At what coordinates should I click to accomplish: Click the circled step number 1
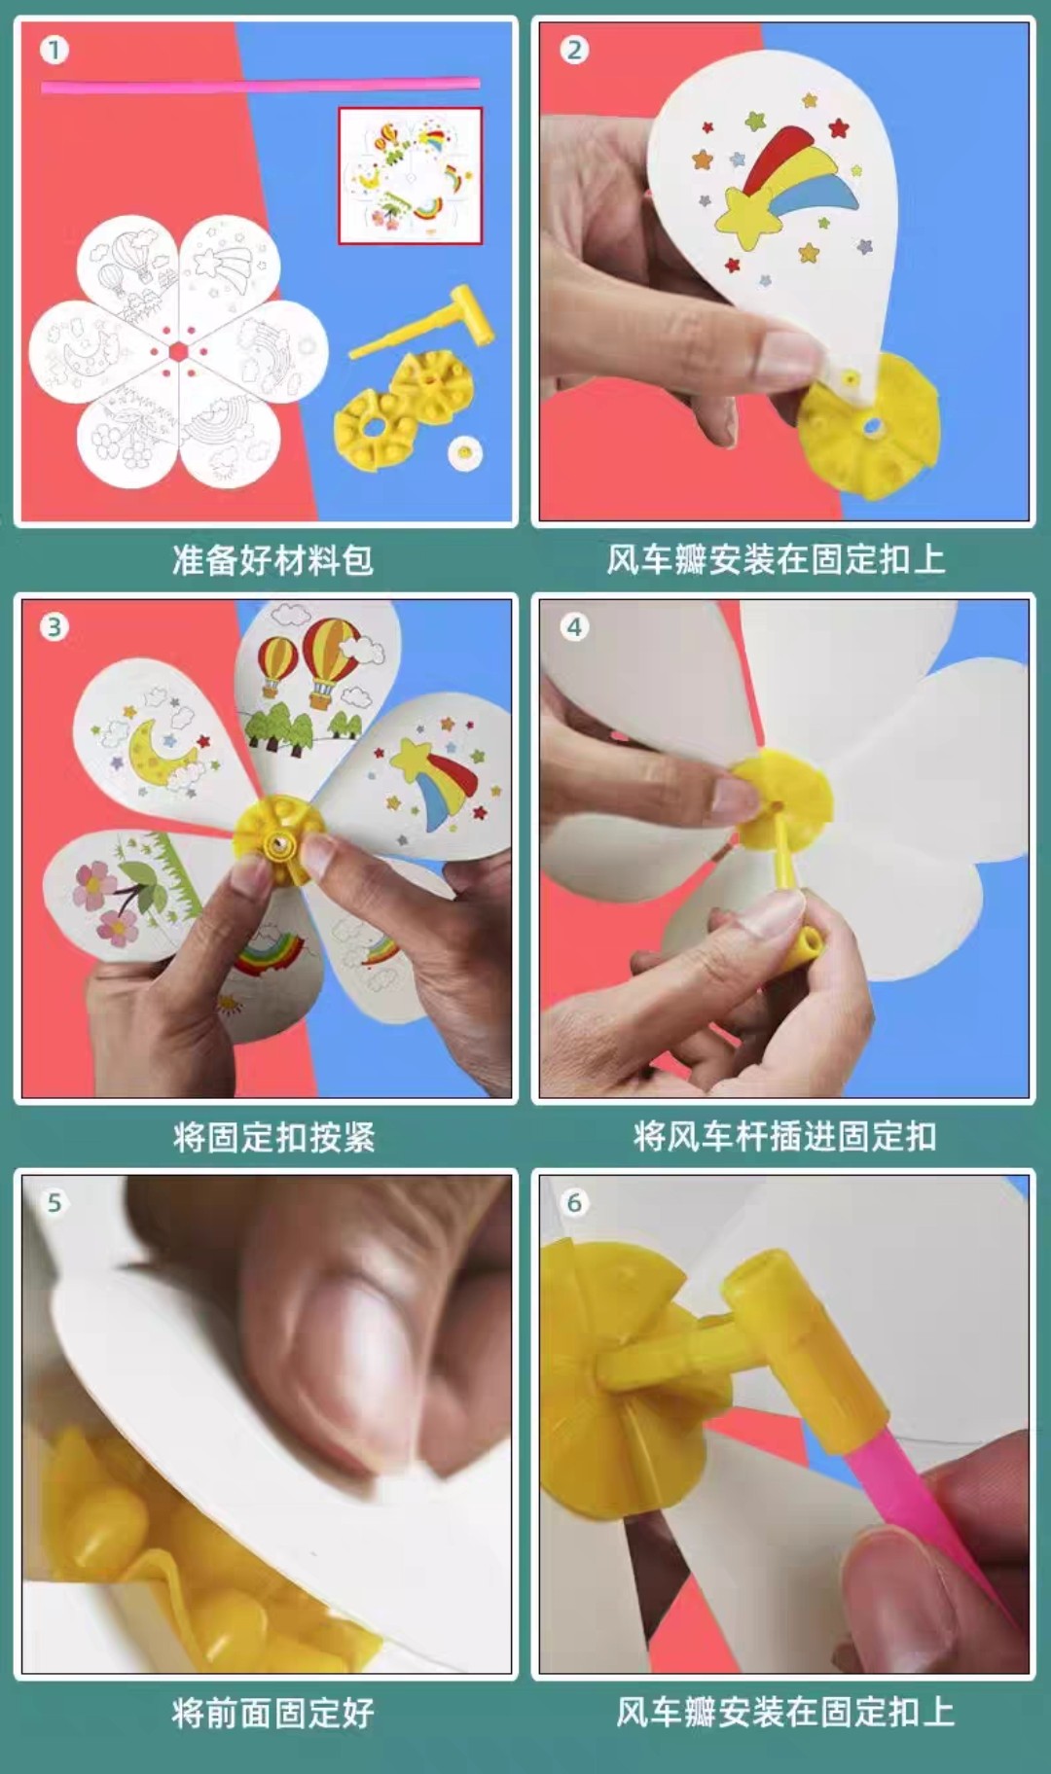54,50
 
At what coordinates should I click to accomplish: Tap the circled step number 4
574,627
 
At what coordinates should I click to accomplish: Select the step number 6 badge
574,1203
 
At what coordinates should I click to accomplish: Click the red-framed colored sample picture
410,176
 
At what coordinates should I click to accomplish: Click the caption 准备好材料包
272,560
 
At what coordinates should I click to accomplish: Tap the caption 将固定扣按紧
273,1136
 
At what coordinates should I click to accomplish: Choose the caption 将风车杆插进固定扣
784,1136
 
